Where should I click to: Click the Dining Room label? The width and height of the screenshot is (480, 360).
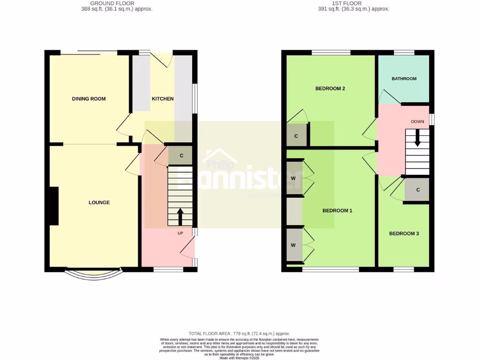(89, 99)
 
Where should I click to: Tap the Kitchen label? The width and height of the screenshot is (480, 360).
(163, 99)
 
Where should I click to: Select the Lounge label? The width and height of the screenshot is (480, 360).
(99, 202)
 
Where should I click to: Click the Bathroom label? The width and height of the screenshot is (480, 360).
(404, 79)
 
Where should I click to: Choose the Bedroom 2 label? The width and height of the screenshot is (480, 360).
(330, 89)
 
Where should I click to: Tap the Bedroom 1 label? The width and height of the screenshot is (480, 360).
(337, 211)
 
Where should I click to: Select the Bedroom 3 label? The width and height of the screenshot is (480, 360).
(404, 233)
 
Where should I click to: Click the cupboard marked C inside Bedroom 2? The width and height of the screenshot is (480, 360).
(296, 136)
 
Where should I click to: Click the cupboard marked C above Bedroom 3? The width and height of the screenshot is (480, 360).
(418, 190)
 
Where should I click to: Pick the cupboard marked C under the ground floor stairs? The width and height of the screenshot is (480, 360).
(181, 156)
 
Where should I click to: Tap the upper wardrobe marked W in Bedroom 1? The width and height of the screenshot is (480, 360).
(294, 178)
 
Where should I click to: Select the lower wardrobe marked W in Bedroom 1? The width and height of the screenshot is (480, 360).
(294, 245)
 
